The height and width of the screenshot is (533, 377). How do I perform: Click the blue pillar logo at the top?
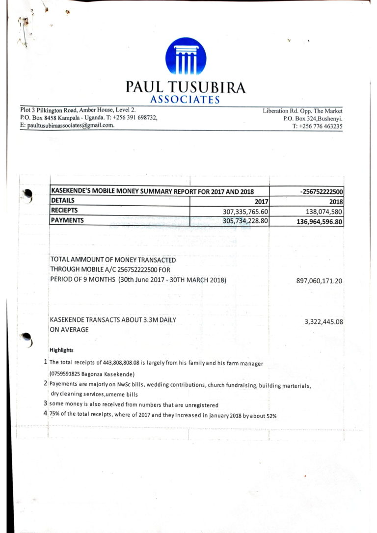pyautogui.click(x=186, y=56)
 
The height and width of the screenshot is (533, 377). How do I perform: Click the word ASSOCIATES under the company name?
pyautogui.click(x=185, y=100)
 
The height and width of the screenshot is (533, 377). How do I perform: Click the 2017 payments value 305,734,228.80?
pyautogui.click(x=241, y=221)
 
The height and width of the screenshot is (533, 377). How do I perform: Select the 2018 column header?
pyautogui.click(x=336, y=201)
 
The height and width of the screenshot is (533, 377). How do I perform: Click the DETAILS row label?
pyautogui.click(x=63, y=201)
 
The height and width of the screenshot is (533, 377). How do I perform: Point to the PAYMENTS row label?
pyautogui.click(x=67, y=220)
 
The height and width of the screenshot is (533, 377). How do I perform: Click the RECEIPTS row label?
pyautogui.click(x=65, y=211)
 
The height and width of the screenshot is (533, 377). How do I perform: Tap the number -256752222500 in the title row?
pyautogui.click(x=321, y=191)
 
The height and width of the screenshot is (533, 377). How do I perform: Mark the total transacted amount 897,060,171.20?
pyautogui.click(x=319, y=281)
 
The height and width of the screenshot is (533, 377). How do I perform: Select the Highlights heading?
pyautogui.click(x=61, y=350)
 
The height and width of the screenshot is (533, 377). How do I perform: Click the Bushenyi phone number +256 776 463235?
pyautogui.click(x=317, y=126)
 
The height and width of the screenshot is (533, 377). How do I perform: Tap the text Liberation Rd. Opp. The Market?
pyautogui.click(x=302, y=111)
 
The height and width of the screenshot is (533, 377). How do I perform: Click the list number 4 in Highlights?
pyautogui.click(x=45, y=414)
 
